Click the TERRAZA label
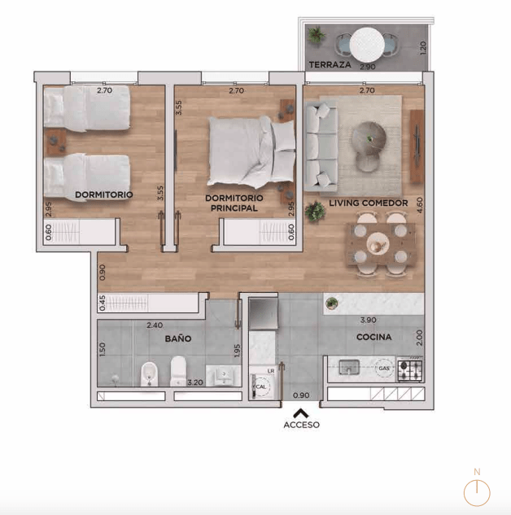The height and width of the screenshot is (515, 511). click(x=330, y=65)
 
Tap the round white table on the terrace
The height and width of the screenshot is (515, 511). click(x=367, y=45)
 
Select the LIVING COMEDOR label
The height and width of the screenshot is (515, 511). click(x=369, y=203)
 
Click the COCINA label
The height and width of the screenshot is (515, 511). click(x=373, y=337)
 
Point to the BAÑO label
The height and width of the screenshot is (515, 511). click(x=178, y=338)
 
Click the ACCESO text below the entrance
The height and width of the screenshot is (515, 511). click(x=302, y=425)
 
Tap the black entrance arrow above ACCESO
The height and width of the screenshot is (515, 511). click(x=301, y=413)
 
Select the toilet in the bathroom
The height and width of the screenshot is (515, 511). click(x=178, y=371)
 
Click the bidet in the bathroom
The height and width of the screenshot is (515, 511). click(x=150, y=373)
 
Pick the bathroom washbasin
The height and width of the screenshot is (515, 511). click(x=224, y=375)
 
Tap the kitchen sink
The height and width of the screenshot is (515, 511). click(x=349, y=367)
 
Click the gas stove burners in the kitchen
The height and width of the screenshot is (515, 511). click(x=410, y=370)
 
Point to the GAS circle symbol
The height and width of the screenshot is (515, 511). click(x=384, y=369)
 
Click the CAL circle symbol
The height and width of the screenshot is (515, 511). click(x=261, y=386)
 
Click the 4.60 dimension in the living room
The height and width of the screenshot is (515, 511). click(x=419, y=205)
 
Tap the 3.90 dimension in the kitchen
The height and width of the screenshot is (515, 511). click(x=368, y=320)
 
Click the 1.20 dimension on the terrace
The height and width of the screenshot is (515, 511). click(x=423, y=48)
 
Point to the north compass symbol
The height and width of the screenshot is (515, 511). click(x=477, y=490)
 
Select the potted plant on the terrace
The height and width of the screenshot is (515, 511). click(x=317, y=34)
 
